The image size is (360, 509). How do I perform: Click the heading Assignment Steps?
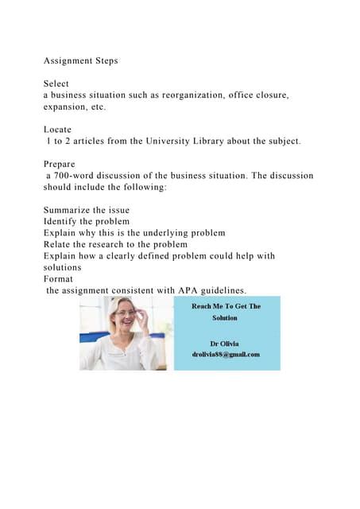click(80, 61)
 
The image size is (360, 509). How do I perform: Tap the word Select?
click(56, 84)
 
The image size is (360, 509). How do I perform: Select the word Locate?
click(57, 129)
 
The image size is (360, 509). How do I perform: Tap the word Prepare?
click(60, 164)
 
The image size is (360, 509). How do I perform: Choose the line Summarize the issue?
click(86, 210)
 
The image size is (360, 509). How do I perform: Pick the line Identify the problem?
click(86, 221)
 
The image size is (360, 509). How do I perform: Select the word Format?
click(57, 279)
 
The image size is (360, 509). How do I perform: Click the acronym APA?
click(179, 290)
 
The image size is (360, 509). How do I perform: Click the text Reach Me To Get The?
click(226, 305)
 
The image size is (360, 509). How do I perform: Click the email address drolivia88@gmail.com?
click(226, 354)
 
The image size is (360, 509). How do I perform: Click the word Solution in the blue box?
click(225, 317)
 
